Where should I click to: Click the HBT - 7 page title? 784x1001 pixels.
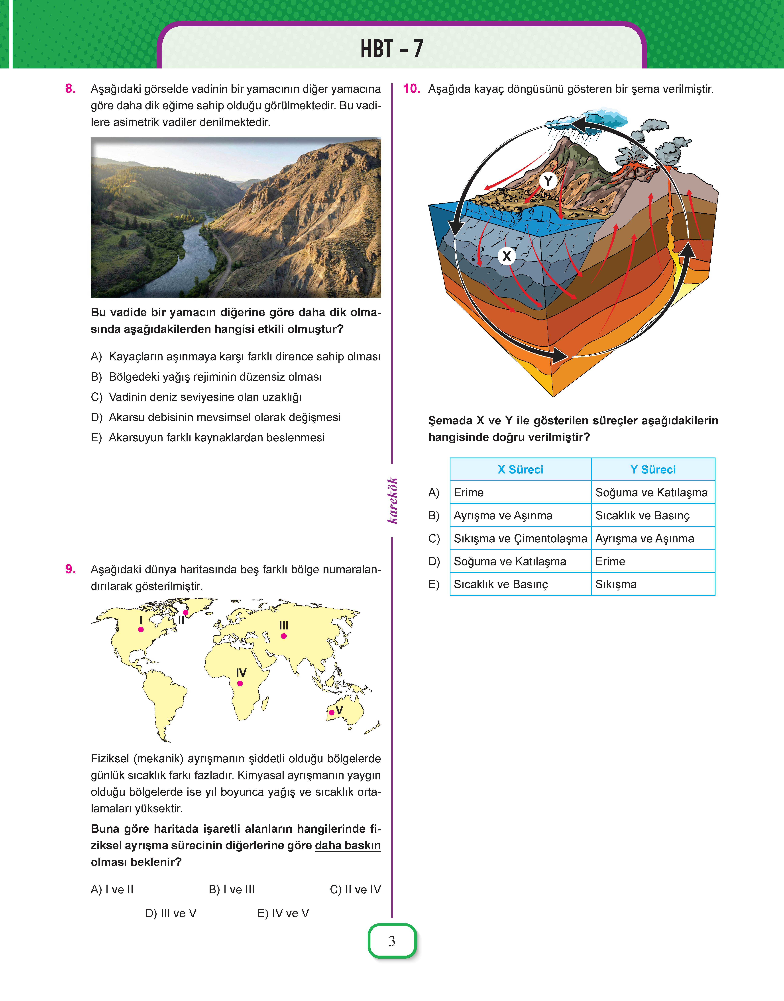(x=392, y=49)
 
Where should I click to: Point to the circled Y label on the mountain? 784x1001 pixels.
(x=548, y=181)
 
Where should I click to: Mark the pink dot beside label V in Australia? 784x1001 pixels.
(x=331, y=712)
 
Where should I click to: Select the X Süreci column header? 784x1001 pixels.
(x=521, y=469)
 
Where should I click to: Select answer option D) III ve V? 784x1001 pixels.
(x=171, y=913)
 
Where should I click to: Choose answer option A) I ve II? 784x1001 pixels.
(x=112, y=889)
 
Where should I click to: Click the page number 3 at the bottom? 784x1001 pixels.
(x=392, y=941)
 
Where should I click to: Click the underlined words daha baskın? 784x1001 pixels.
(x=348, y=845)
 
